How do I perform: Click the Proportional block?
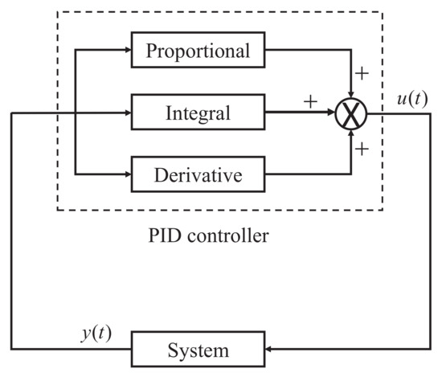tap(198, 51)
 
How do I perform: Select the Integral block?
tap(198, 113)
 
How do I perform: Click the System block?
tap(198, 351)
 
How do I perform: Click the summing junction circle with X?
tap(351, 113)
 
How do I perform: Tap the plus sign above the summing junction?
tap(362, 74)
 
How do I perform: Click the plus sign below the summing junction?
tap(362, 149)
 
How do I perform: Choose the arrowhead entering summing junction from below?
tap(351, 132)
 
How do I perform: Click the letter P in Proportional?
tap(150, 51)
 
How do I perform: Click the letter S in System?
tap(171, 351)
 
